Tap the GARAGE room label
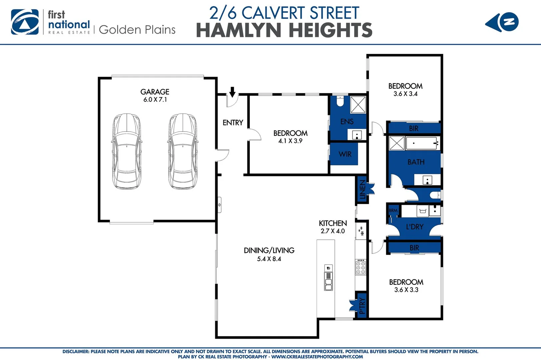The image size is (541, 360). pos(155,92)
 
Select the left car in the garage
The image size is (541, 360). pos(126,152)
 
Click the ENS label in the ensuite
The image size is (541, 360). pos(347,122)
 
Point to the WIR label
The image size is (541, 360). pos(345,154)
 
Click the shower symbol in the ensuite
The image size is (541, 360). pos(358,105)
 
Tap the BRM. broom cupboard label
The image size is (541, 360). pos(394,210)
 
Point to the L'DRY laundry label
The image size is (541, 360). pos(415,227)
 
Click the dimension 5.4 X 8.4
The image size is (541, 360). pos(269,259)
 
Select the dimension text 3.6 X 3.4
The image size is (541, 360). pos(405,94)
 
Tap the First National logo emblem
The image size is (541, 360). pos(25,22)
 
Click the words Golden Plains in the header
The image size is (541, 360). pos(137,30)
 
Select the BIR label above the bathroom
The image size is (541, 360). pos(414,128)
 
